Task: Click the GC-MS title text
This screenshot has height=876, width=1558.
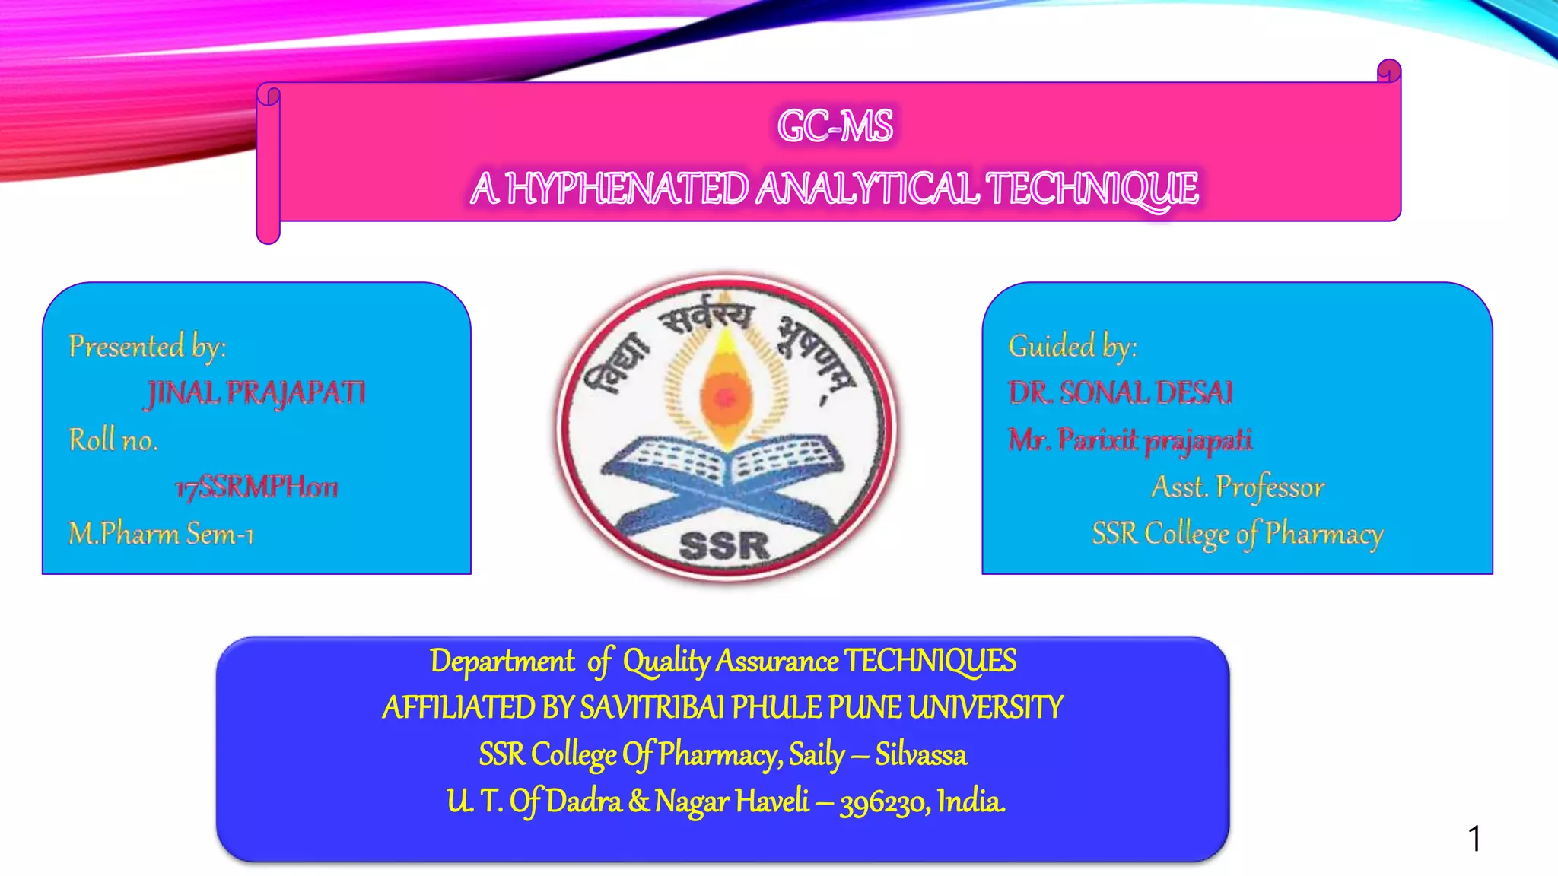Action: [x=835, y=126]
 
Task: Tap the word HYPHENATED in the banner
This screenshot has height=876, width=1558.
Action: [x=627, y=189]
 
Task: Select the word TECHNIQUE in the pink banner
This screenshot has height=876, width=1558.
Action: [x=1092, y=189]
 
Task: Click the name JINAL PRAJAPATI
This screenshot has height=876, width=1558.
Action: [x=256, y=393]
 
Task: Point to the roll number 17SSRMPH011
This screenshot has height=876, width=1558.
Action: [x=256, y=487]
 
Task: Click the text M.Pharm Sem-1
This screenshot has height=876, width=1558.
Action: [x=161, y=534]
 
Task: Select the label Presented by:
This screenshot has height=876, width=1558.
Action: [x=148, y=347]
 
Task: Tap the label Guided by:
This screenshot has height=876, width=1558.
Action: [x=1073, y=347]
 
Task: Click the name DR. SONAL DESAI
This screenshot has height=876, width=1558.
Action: [x=1121, y=393]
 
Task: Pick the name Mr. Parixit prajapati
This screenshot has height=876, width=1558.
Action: [x=1130, y=440]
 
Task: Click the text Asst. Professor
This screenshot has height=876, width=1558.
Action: [x=1238, y=487]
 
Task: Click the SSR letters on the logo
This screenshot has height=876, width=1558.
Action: [x=723, y=545]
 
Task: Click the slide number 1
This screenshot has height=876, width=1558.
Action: [x=1474, y=839]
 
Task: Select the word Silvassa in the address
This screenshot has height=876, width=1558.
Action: [x=920, y=755]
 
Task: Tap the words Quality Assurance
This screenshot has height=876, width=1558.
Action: [x=730, y=662]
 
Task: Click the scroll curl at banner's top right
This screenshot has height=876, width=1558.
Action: [x=1389, y=71]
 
